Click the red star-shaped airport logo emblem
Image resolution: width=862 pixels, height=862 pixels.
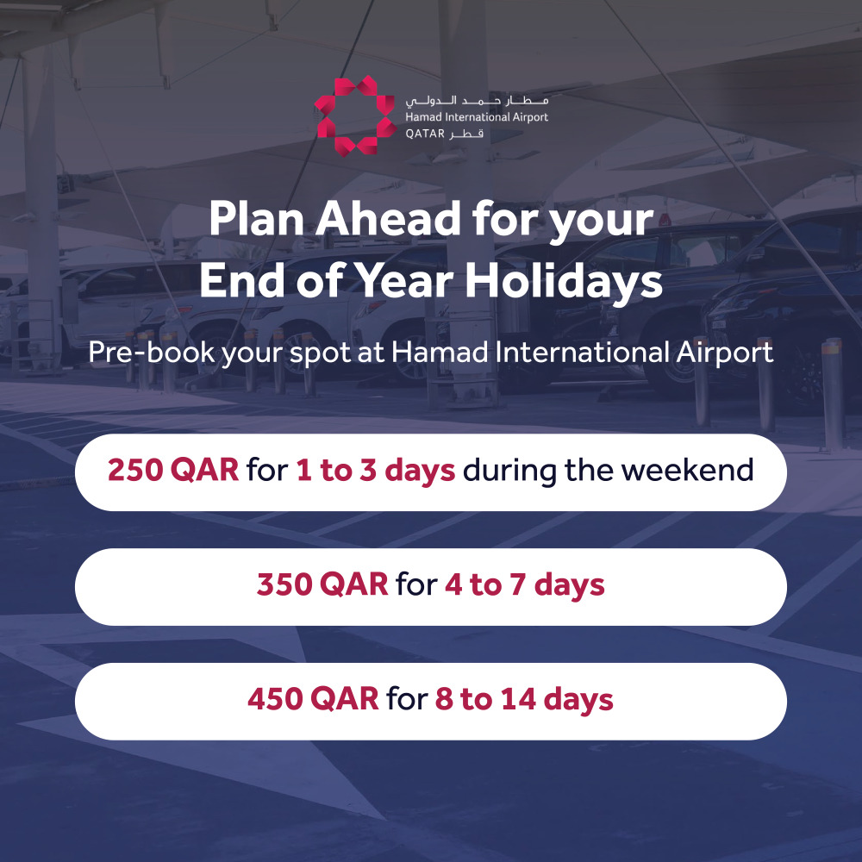click(x=354, y=116)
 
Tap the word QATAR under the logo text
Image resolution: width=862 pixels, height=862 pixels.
click(x=425, y=134)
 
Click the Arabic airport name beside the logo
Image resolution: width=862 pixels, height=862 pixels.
click(x=477, y=101)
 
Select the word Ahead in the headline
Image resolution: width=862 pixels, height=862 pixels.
click(x=388, y=219)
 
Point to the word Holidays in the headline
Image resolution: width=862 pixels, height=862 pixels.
click(x=564, y=282)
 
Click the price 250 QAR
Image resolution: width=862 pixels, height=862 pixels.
click(x=173, y=470)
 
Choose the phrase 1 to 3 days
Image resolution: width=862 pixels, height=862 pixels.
click(x=376, y=471)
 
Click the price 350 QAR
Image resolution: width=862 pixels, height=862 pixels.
click(x=322, y=584)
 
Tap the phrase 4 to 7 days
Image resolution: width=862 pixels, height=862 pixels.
click(x=524, y=585)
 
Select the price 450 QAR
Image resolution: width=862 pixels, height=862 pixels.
click(x=314, y=699)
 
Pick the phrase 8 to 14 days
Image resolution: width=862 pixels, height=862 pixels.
click(x=524, y=699)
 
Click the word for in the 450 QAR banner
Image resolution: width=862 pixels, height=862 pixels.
click(x=407, y=699)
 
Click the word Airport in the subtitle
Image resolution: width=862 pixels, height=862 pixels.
click(x=725, y=353)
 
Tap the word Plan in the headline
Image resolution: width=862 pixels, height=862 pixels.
click(x=257, y=219)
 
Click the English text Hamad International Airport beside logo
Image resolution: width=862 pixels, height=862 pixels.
click(x=477, y=117)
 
